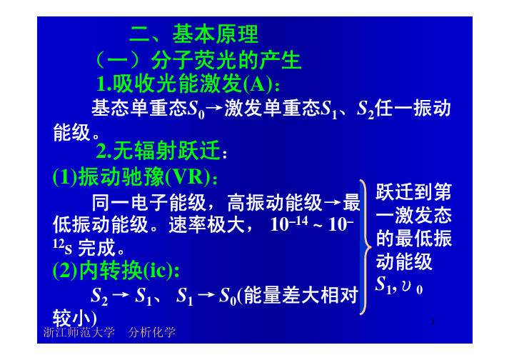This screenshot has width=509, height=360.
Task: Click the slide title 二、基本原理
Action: point(193,34)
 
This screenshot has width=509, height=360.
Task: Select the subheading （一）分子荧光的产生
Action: point(198,60)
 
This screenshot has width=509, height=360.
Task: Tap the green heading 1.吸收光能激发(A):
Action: point(188,84)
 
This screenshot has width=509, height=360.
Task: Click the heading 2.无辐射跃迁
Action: point(161,151)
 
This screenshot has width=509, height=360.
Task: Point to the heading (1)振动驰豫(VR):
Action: point(135,176)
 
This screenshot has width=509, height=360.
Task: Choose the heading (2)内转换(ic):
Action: point(116,270)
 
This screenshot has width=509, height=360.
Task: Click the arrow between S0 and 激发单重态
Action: point(215,109)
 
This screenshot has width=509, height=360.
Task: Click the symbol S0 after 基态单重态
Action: point(196,109)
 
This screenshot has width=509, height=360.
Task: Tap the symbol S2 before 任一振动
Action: point(366,109)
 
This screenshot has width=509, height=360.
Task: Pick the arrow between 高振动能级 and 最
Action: point(332,203)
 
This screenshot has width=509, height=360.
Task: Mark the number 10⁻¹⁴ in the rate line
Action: point(289,223)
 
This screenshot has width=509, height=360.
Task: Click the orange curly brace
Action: point(366,247)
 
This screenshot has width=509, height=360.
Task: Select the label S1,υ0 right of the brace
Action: point(398,285)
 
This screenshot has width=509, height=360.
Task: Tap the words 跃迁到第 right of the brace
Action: point(413,191)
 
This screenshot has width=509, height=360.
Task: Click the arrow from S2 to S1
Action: point(121,295)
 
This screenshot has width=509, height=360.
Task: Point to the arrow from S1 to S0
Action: point(206,295)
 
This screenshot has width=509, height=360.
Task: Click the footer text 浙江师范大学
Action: point(79,332)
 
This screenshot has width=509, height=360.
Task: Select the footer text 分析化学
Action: point(152,332)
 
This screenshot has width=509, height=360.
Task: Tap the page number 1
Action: point(433,322)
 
